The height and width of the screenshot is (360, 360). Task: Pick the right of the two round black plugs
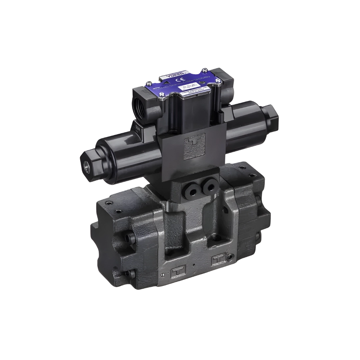click(209, 185)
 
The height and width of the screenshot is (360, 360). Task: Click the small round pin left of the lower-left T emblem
click(162, 275)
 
